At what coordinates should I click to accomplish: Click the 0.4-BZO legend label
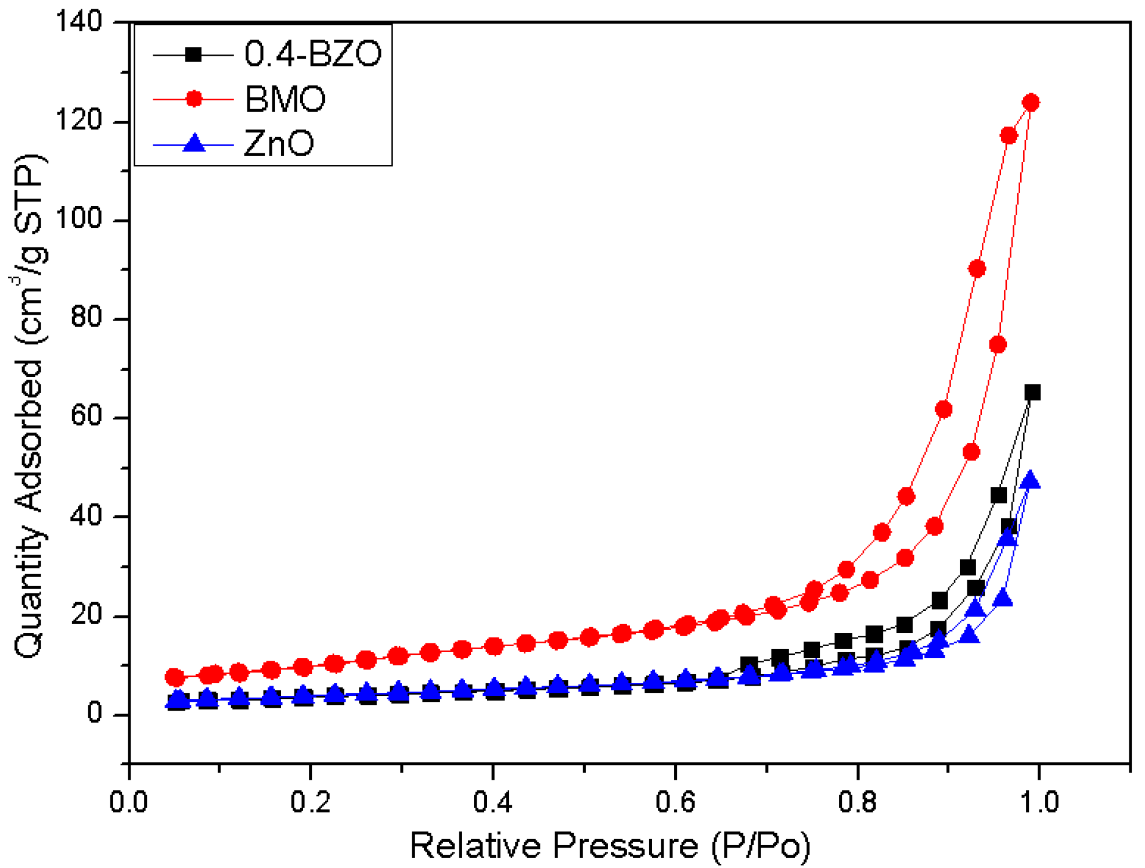312,54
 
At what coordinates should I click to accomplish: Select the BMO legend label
285,99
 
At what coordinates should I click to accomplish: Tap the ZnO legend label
279,143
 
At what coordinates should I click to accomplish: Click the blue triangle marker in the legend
194,143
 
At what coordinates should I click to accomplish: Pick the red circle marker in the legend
194,99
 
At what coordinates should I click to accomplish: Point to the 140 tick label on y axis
78,22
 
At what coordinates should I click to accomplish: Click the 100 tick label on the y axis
78,220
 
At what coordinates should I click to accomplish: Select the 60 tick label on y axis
86,417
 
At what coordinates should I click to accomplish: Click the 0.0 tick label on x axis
129,802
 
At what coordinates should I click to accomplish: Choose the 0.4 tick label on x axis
492,802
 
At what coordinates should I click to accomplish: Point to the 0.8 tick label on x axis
857,802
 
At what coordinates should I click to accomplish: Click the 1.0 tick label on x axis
1039,802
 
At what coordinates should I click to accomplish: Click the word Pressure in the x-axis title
625,845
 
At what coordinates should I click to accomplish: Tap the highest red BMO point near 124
1031,103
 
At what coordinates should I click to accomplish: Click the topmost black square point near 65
1032,392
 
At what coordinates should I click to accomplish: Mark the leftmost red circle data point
175,677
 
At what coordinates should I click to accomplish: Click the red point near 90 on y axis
977,269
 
